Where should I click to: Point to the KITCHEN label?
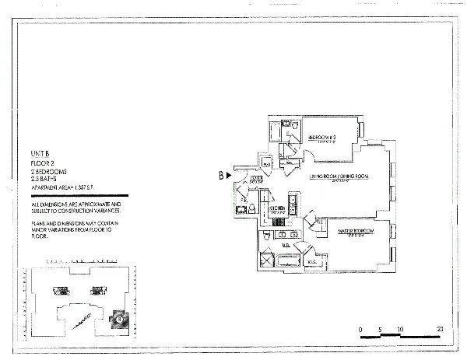coord(276,208)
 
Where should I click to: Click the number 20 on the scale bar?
coord(440,330)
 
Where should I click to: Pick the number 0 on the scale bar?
coord(360,330)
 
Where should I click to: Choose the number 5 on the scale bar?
coord(380,330)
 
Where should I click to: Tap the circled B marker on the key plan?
coord(119,316)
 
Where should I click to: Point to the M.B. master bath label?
coord(287,246)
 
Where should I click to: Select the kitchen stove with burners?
coord(278,222)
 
